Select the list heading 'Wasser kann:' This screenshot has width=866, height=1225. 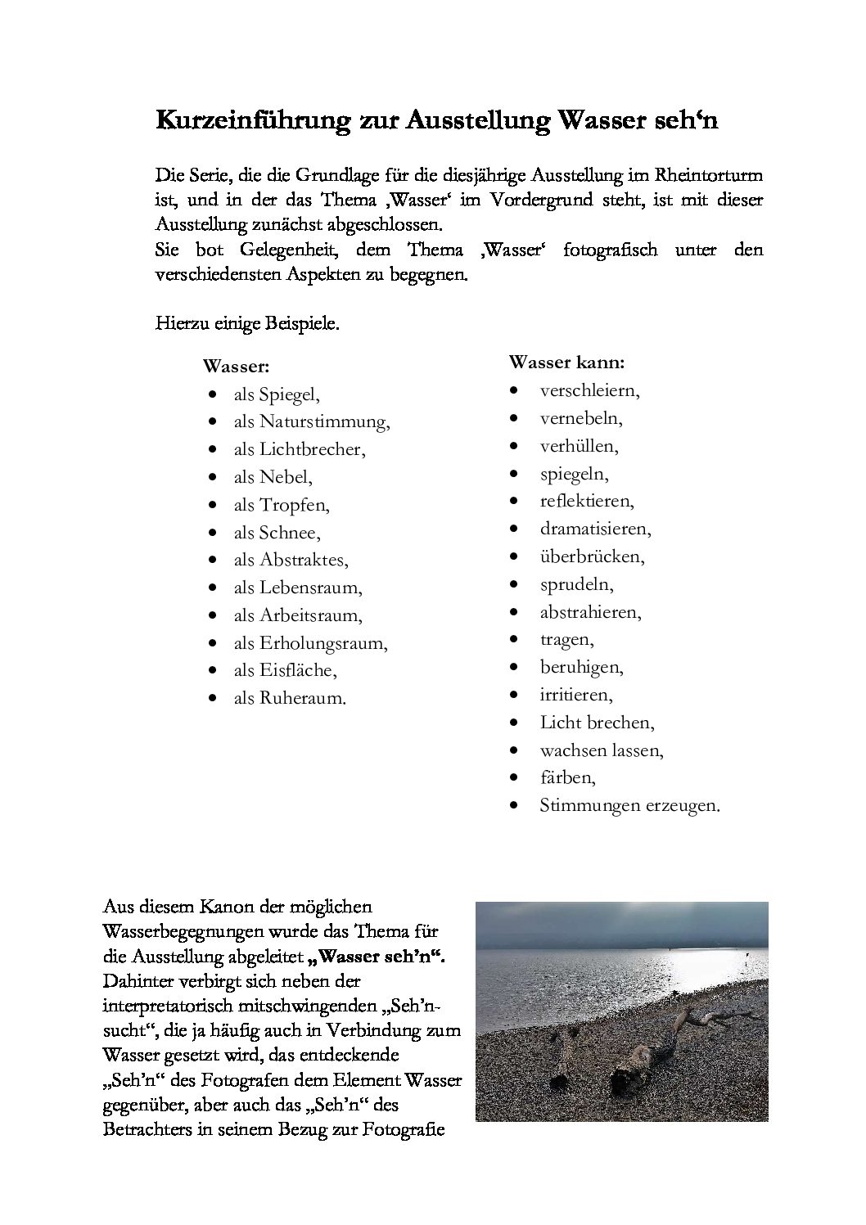[566, 361]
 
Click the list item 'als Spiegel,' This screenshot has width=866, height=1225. [276, 394]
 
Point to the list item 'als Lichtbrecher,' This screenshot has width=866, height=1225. [300, 449]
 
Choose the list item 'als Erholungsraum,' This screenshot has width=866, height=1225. [310, 643]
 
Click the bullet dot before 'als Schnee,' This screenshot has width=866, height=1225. [213, 533]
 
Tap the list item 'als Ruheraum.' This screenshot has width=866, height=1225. [290, 699]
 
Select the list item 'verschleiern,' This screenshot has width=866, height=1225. [589, 390]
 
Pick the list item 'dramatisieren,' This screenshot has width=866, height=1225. [595, 529]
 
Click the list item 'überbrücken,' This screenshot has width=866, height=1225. [592, 556]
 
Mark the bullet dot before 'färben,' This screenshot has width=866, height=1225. [513, 777]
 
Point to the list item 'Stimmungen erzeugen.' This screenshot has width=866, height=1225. [629, 805]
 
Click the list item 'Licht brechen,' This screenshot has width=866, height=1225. [597, 723]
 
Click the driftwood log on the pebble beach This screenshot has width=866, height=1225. [647, 1056]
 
